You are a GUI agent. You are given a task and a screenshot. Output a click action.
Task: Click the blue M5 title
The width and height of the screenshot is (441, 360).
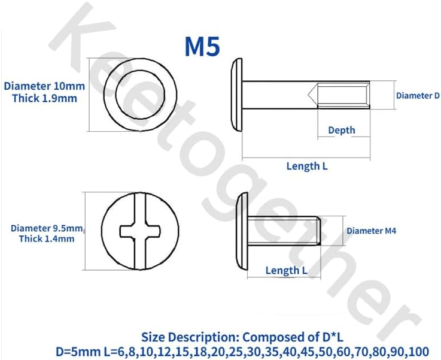click(x=202, y=46)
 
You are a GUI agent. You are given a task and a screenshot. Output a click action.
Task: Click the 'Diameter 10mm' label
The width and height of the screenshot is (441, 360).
click(x=44, y=86)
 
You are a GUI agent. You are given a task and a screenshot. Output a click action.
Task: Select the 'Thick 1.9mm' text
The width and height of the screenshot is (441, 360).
click(x=44, y=98)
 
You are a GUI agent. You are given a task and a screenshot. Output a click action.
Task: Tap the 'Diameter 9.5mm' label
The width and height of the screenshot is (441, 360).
click(x=46, y=228)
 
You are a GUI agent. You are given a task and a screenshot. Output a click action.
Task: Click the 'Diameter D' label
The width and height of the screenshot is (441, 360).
click(x=417, y=95)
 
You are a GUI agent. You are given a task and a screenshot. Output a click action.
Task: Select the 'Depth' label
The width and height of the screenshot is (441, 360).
click(x=341, y=130)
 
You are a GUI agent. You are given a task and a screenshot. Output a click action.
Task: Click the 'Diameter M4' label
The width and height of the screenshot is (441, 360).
click(x=371, y=231)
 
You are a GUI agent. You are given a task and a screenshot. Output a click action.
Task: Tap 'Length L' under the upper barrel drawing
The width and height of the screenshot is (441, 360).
click(x=306, y=167)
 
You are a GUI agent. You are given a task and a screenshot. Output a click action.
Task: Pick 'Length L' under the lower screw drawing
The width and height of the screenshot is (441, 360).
click(x=286, y=271)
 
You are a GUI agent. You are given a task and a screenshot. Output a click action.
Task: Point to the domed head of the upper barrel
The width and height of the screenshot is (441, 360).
click(x=236, y=95)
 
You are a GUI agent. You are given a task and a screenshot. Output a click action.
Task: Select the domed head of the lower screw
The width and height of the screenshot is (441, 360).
click(x=242, y=231)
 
